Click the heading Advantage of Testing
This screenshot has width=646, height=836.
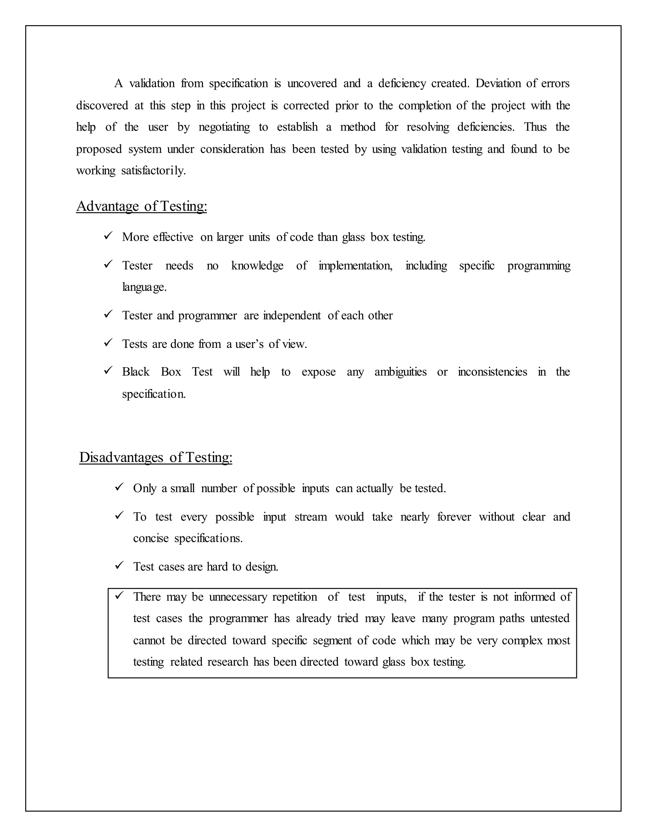pyautogui.click(x=142, y=206)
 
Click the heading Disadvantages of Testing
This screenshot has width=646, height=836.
pyautogui.click(x=156, y=457)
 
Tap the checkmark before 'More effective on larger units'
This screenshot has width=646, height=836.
pyautogui.click(x=108, y=235)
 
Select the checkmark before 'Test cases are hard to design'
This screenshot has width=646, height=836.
pyautogui.click(x=119, y=565)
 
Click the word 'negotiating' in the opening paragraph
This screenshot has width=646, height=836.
pyautogui.click(x=224, y=127)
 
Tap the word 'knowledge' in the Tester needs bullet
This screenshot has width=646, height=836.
pyautogui.click(x=257, y=266)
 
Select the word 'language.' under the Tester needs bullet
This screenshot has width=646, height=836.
pyautogui.click(x=144, y=287)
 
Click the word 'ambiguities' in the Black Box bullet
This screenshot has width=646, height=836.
pyautogui.click(x=400, y=372)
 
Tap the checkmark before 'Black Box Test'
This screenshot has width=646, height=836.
pyautogui.click(x=108, y=370)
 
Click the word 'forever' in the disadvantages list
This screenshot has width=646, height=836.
pyautogui.click(x=454, y=517)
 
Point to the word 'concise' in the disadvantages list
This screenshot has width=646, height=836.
pyautogui.click(x=151, y=539)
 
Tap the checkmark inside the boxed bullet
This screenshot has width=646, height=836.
pyautogui.click(x=119, y=595)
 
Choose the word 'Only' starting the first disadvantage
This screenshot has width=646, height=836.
pyautogui.click(x=145, y=489)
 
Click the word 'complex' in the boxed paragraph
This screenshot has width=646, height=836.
pyautogui.click(x=522, y=641)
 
